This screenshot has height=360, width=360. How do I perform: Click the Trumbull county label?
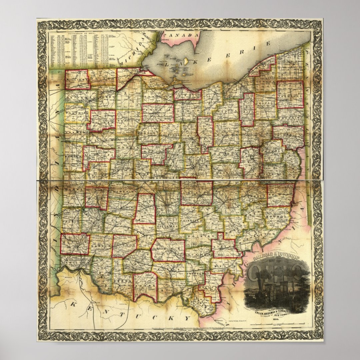[x=290, y=95]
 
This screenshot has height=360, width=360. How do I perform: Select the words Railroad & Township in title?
[x=277, y=257]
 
